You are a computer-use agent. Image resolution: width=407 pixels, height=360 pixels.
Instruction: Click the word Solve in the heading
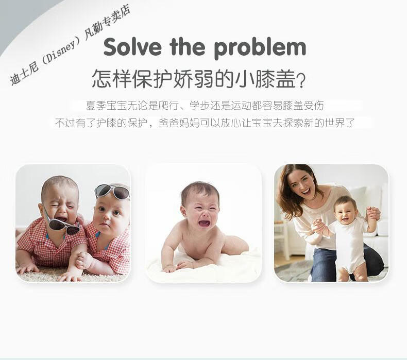coord(132,47)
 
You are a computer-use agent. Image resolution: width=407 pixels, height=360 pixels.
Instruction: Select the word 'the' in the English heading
coord(188,47)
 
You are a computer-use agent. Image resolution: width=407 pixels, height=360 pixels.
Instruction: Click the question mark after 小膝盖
coord(300,80)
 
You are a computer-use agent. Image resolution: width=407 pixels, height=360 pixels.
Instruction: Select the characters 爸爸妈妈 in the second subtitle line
coord(179,123)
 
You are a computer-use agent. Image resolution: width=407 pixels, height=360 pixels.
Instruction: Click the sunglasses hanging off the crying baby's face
coord(63,223)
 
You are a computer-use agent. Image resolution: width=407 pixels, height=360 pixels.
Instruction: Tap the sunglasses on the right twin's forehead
coord(112,191)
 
